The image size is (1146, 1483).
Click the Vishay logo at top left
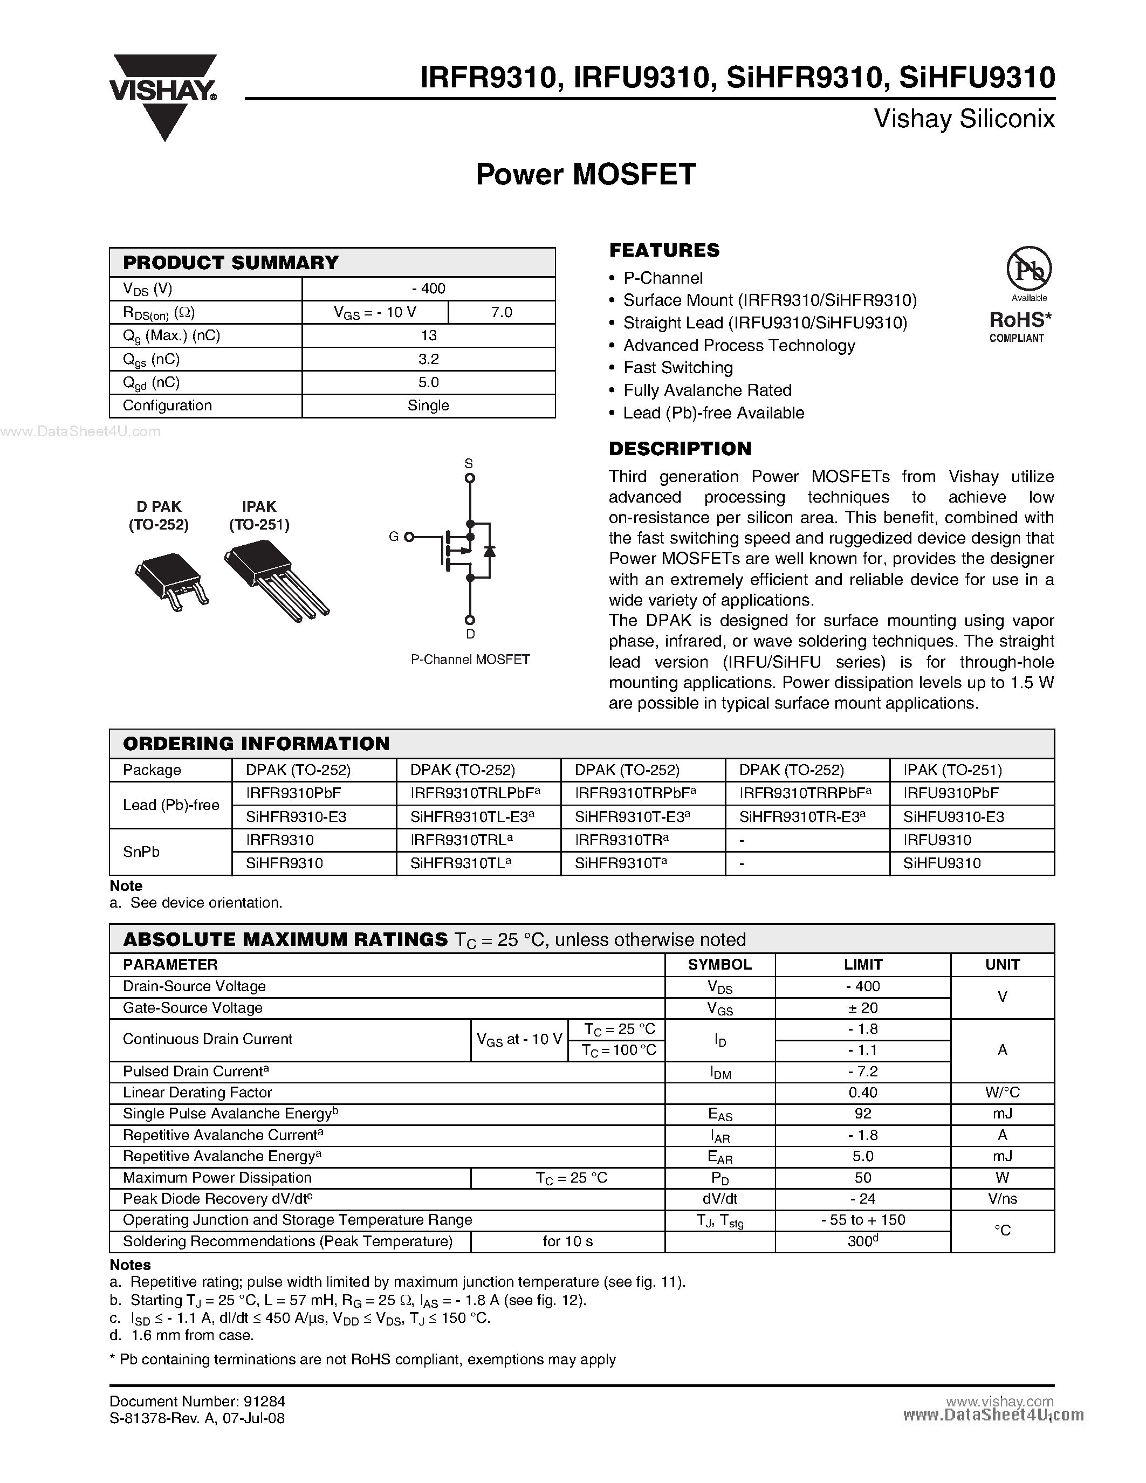163,95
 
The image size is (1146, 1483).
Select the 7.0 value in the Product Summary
501,312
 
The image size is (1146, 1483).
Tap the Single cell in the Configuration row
428,406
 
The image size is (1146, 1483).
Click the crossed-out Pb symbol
1028,269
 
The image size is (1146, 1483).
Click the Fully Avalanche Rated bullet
707,390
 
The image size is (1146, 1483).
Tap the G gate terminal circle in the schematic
409,537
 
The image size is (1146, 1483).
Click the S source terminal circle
469,478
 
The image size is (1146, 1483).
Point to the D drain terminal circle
469,620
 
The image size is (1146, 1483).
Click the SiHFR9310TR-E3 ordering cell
802,817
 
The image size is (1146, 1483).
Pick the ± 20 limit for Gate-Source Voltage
862,1008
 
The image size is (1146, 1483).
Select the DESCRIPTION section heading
680,449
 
